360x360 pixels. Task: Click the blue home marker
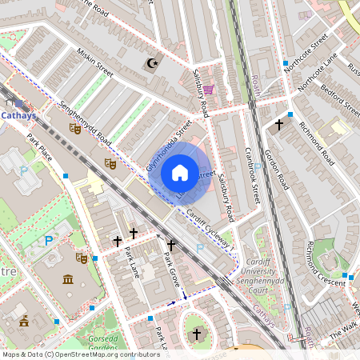pos(180,173)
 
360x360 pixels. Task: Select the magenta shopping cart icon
pos(208,90)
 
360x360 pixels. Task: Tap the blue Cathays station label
pos(18,114)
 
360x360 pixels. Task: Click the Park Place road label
pos(39,147)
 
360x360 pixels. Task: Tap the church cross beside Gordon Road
pos(279,125)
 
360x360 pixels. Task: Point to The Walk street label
pos(345,329)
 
